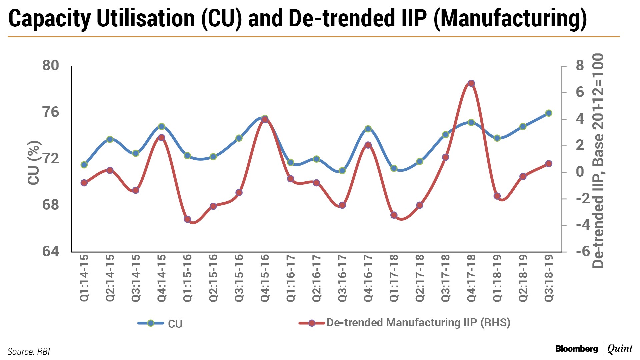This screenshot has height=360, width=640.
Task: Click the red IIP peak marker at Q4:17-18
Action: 471,83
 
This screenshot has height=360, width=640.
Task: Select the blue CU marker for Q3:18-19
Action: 549,113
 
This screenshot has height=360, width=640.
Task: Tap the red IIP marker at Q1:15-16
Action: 187,219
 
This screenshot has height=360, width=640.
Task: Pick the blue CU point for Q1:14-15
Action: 84,165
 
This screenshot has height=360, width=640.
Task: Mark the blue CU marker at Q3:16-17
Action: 342,171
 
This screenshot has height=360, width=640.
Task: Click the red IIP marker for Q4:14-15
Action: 161,138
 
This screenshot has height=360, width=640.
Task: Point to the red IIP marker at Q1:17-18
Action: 394,215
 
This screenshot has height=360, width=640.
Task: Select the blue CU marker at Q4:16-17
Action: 368,129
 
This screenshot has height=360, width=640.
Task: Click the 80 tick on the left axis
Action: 51,66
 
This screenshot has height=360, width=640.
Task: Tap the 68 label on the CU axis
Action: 51,205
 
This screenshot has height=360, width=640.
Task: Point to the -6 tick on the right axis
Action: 583,251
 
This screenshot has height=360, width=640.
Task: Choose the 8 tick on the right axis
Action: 580,66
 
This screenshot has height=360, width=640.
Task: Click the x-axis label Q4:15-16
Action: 265,278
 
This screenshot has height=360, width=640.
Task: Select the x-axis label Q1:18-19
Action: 497,278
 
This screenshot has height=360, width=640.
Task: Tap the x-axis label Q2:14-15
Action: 110,278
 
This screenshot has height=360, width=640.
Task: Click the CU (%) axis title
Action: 34,162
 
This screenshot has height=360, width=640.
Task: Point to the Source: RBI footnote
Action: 29,352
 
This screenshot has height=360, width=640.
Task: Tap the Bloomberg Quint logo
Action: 594,349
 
